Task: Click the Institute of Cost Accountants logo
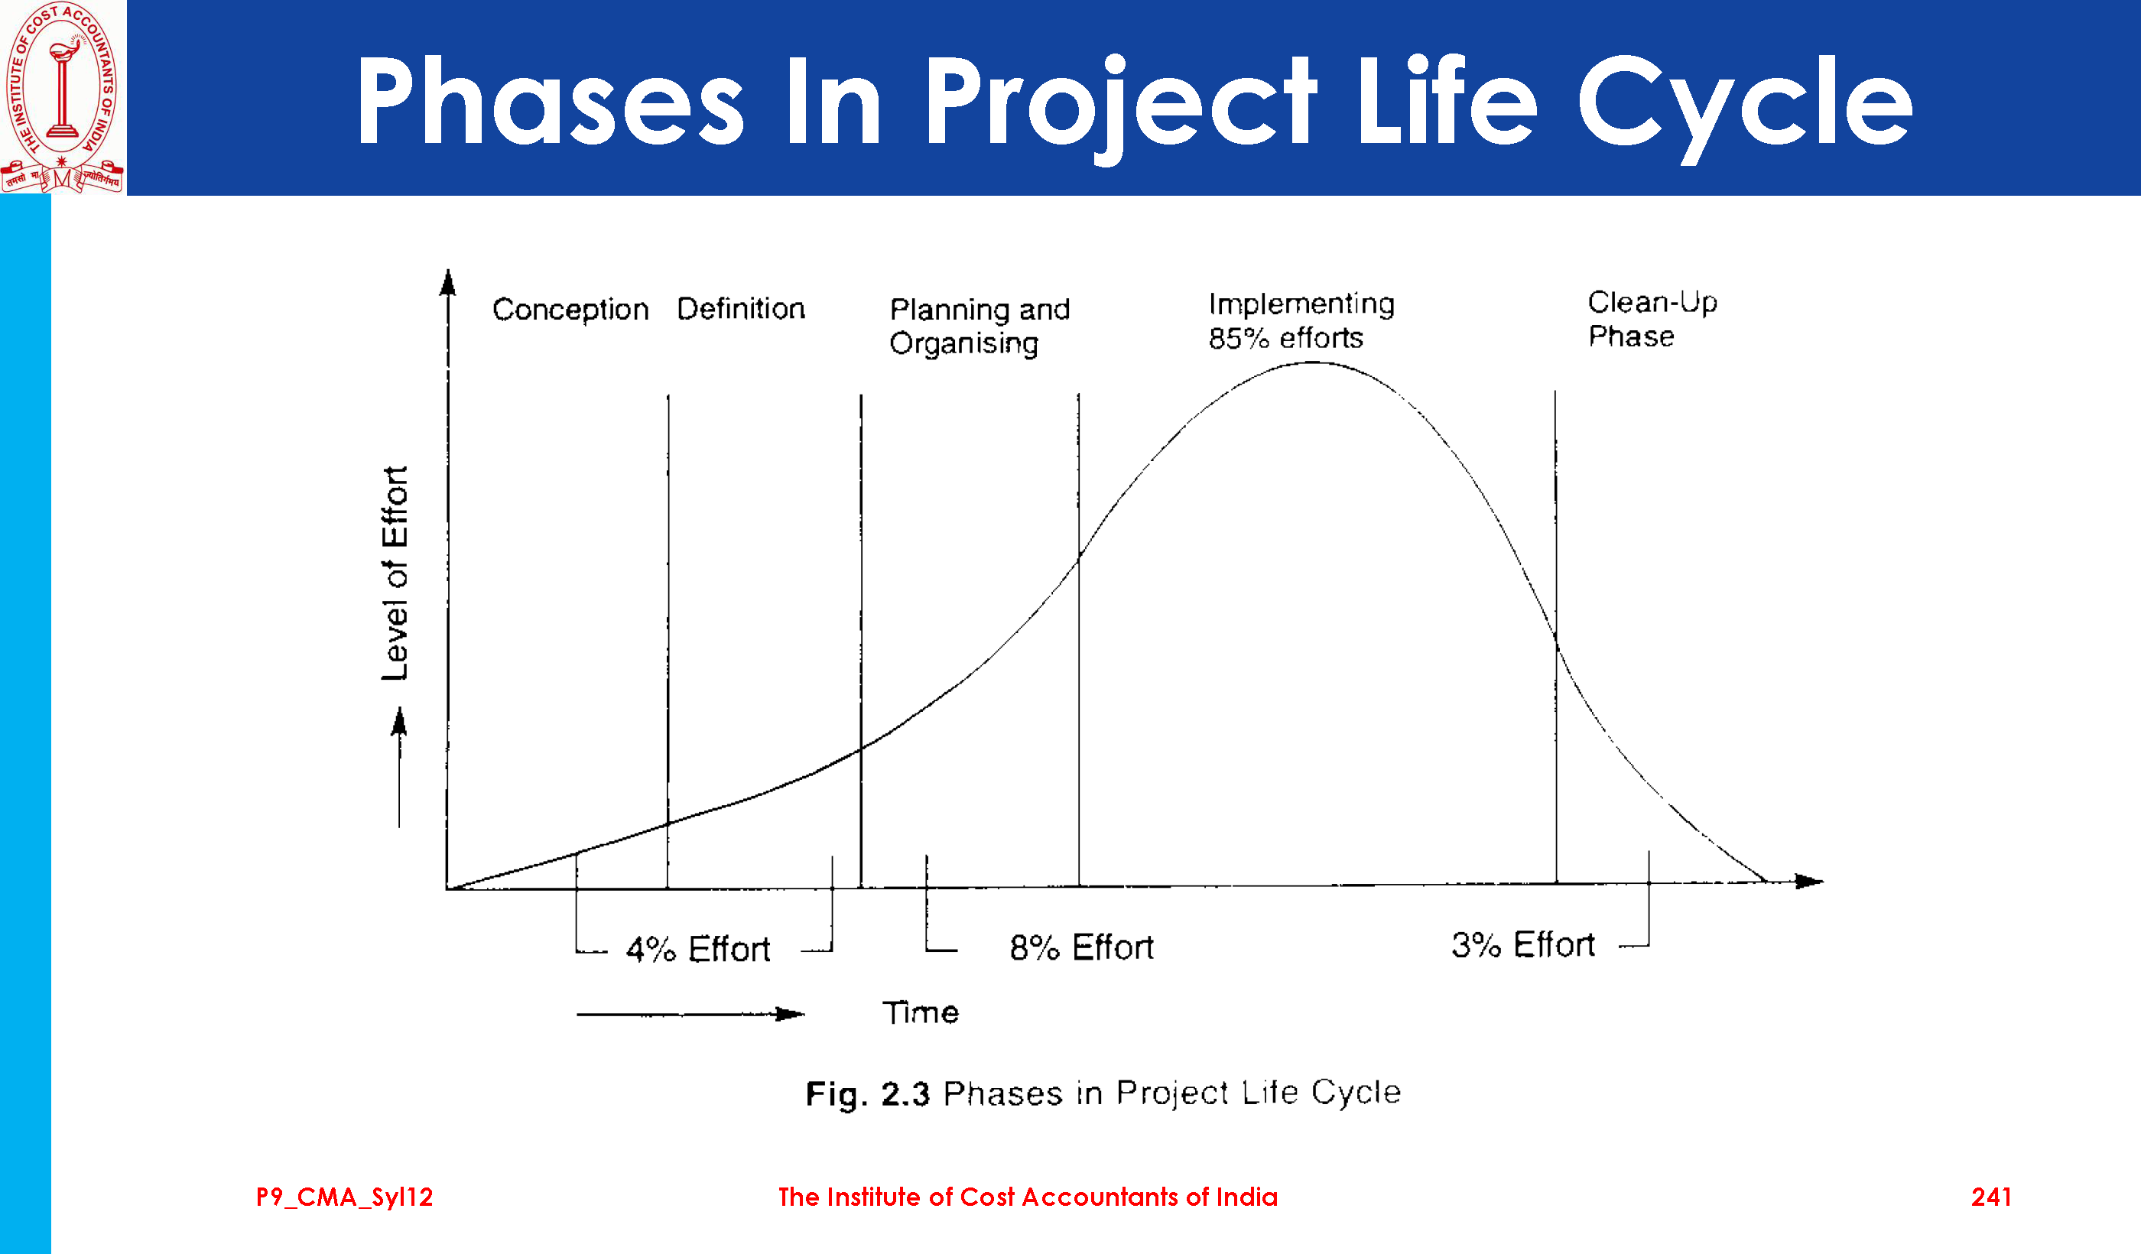62,97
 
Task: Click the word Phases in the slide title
549,101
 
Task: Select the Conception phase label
570,309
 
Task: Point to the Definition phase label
741,308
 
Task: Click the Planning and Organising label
979,326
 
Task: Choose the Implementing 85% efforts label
1301,321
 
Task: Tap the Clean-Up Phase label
1652,320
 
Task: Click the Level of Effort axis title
395,573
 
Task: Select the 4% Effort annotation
697,949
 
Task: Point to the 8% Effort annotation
1080,947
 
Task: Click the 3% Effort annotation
1522,945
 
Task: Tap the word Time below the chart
920,1012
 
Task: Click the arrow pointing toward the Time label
690,1014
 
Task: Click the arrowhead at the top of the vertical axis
448,282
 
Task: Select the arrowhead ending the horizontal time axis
1810,881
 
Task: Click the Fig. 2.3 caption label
1103,1093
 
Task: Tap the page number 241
1990,1197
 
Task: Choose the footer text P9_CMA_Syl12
344,1197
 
